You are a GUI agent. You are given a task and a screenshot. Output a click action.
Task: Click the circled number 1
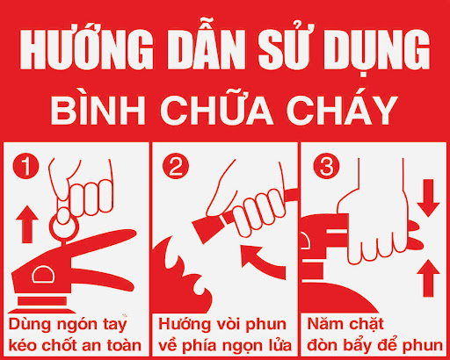pos(26,165)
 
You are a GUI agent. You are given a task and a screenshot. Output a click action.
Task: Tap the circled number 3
pos(323,165)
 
